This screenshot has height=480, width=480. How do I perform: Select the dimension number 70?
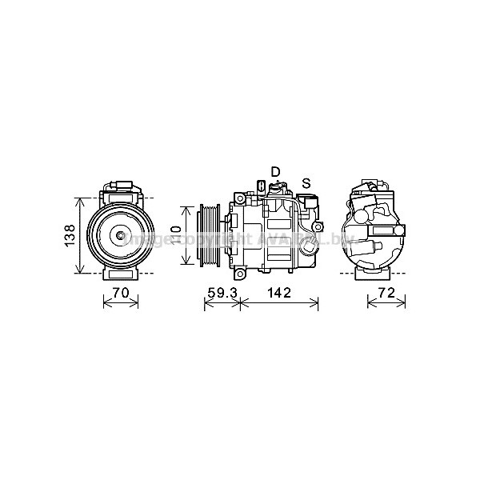121,293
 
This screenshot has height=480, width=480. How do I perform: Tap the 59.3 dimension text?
222,293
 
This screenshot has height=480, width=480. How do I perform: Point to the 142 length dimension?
279,293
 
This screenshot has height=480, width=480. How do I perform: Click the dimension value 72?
386,293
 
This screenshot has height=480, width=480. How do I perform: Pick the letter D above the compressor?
275,171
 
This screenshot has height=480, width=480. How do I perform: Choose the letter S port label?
306,182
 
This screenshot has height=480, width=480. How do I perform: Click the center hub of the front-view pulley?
121,234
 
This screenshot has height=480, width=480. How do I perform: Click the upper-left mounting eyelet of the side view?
237,197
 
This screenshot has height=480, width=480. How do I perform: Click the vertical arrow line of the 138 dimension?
78,234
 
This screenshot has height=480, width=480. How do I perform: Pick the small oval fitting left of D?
261,187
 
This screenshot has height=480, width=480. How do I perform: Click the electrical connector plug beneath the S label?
308,198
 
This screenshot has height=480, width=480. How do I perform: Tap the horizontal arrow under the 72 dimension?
386,304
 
